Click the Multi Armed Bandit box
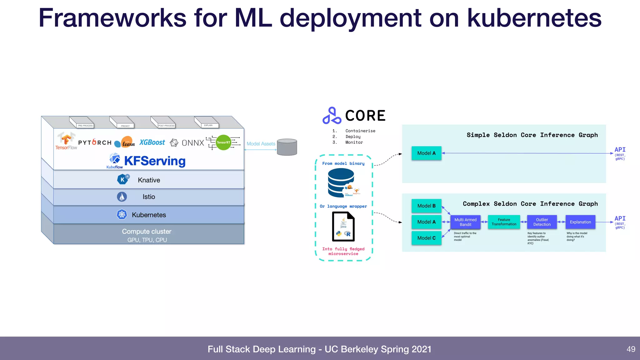(465, 222)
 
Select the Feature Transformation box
(504, 222)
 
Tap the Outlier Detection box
(542, 222)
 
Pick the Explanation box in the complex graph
(580, 222)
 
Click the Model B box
(426, 206)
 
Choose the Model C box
(426, 238)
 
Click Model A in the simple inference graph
(426, 153)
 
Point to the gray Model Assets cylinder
(287, 147)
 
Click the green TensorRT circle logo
(223, 142)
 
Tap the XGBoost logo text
(152, 142)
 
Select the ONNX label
(192, 143)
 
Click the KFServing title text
(155, 161)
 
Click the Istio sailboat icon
(122, 197)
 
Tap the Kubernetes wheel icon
(122, 214)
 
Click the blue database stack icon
(341, 182)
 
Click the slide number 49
(631, 349)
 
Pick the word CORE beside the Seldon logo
(365, 116)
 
